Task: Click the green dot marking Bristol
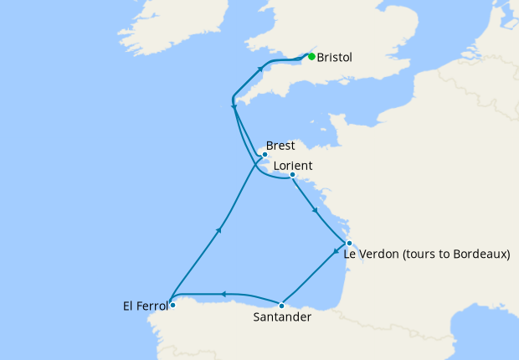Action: [x=311, y=57]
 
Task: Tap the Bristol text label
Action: [x=335, y=58]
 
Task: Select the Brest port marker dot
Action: [x=265, y=155]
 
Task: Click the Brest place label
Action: [x=280, y=146]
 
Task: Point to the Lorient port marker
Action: [x=292, y=175]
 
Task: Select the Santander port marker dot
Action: [x=282, y=306]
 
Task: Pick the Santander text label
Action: [x=282, y=317]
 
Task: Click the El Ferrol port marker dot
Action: [x=173, y=306]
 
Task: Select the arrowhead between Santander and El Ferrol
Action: [x=223, y=294]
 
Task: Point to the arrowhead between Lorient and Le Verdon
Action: [x=314, y=210]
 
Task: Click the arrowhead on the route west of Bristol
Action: [x=260, y=68]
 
